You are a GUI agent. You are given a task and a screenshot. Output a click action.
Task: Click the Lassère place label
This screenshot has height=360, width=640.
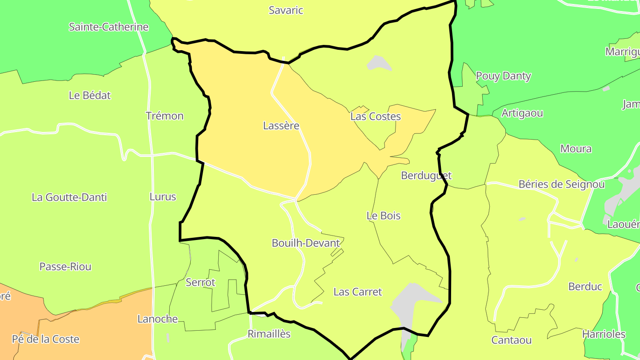tap(281, 126)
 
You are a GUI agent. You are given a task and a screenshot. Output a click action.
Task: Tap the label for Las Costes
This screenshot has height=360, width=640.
tap(376, 116)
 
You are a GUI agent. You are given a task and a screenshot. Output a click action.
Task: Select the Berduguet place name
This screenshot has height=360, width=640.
tap(426, 176)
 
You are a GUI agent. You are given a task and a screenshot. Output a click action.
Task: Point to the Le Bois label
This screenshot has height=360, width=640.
tap(383, 216)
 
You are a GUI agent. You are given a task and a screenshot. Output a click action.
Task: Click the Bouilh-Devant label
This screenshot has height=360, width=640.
tap(306, 243)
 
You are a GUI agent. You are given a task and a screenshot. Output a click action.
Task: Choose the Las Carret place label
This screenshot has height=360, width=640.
tap(357, 292)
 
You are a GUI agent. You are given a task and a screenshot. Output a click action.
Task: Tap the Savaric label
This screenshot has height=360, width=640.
tap(286, 10)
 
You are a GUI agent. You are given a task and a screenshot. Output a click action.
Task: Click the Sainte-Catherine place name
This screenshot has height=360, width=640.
tap(108, 27)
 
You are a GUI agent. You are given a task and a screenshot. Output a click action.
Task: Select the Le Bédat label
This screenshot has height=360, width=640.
tap(90, 95)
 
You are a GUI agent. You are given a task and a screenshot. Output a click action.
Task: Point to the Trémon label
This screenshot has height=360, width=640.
tap(164, 116)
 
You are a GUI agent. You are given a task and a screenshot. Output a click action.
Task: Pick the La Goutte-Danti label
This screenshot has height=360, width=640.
tap(69, 197)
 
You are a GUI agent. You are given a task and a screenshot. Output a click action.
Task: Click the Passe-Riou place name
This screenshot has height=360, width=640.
tap(65, 267)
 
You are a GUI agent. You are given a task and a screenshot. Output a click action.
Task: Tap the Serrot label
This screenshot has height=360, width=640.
tap(200, 282)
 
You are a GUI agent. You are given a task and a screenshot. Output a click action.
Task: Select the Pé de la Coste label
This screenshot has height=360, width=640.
tap(45, 339)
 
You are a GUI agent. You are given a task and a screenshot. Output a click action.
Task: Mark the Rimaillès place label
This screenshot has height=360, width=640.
tap(269, 334)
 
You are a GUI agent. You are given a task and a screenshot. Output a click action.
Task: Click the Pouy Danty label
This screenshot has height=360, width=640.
tap(503, 76)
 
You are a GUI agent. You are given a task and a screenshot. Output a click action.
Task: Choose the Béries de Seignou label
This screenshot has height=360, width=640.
tap(561, 184)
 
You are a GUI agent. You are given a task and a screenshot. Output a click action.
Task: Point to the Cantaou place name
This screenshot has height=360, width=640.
tap(511, 340)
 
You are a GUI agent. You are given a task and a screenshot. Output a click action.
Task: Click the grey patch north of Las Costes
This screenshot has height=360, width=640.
tap(378, 63)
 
